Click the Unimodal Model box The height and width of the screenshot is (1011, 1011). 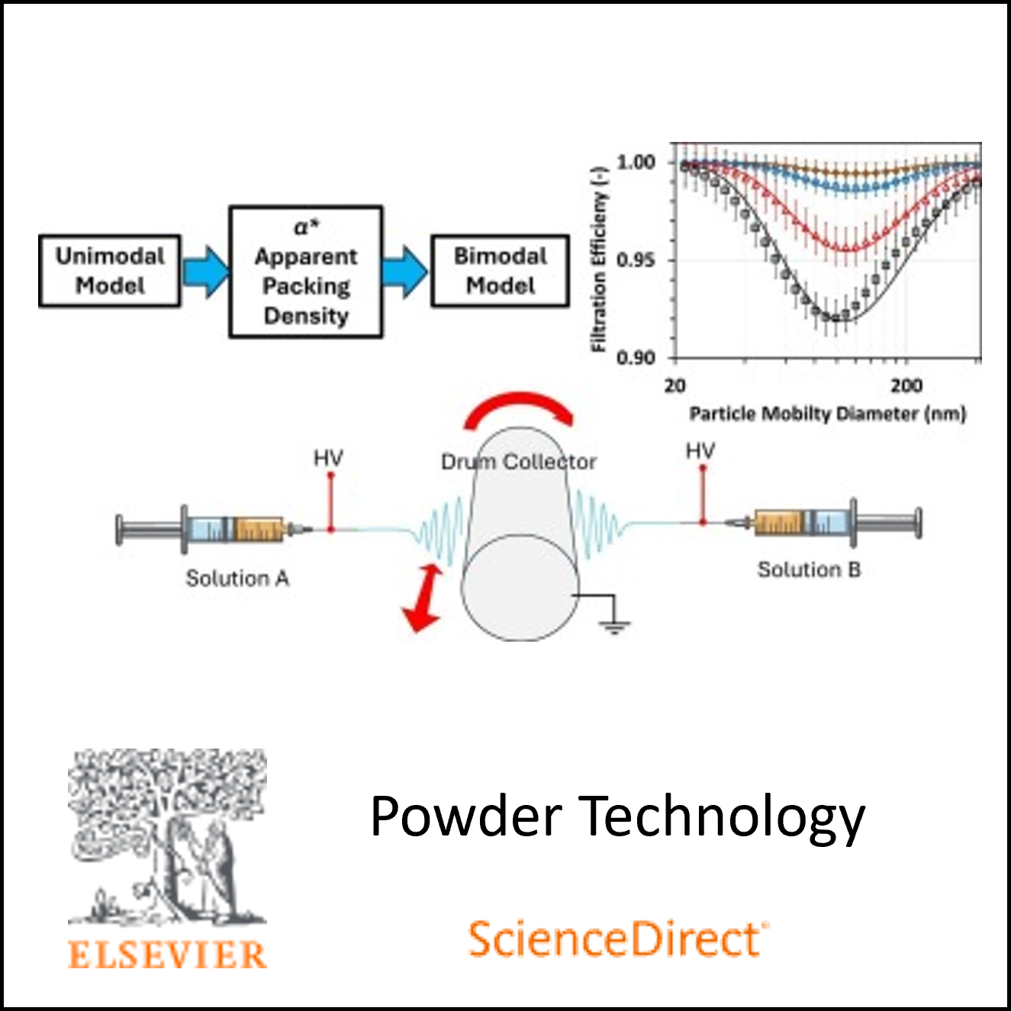click(110, 271)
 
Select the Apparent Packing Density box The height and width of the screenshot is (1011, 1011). click(306, 272)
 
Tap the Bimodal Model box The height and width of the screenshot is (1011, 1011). click(501, 271)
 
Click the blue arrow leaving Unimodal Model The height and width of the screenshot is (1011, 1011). click(205, 271)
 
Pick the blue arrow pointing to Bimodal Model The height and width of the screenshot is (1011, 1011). click(405, 272)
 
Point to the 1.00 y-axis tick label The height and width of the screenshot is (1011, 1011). click(636, 162)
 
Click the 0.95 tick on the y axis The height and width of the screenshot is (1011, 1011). click(636, 260)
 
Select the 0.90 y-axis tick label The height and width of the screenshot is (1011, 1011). click(636, 357)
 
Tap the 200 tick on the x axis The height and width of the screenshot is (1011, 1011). click(906, 385)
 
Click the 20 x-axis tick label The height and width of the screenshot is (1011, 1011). click(675, 385)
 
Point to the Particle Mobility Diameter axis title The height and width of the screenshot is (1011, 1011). click(828, 414)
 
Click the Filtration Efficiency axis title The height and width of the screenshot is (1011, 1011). click(600, 259)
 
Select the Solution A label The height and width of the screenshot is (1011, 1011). click(237, 578)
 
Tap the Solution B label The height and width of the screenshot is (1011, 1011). click(809, 569)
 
